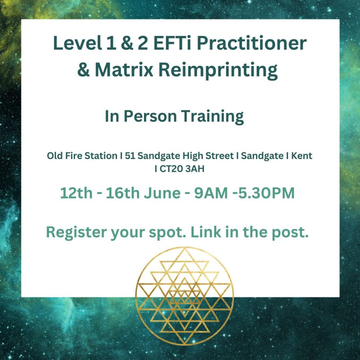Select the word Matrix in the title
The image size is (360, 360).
(124, 70)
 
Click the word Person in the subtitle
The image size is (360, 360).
(150, 116)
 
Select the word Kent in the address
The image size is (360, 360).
(302, 156)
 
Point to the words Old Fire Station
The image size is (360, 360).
(82, 156)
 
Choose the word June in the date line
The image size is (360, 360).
(162, 193)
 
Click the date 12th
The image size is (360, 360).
(76, 193)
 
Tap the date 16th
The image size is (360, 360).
(122, 193)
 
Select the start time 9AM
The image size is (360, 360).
(211, 193)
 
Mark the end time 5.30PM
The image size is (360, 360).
(266, 193)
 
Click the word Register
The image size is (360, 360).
(77, 233)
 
